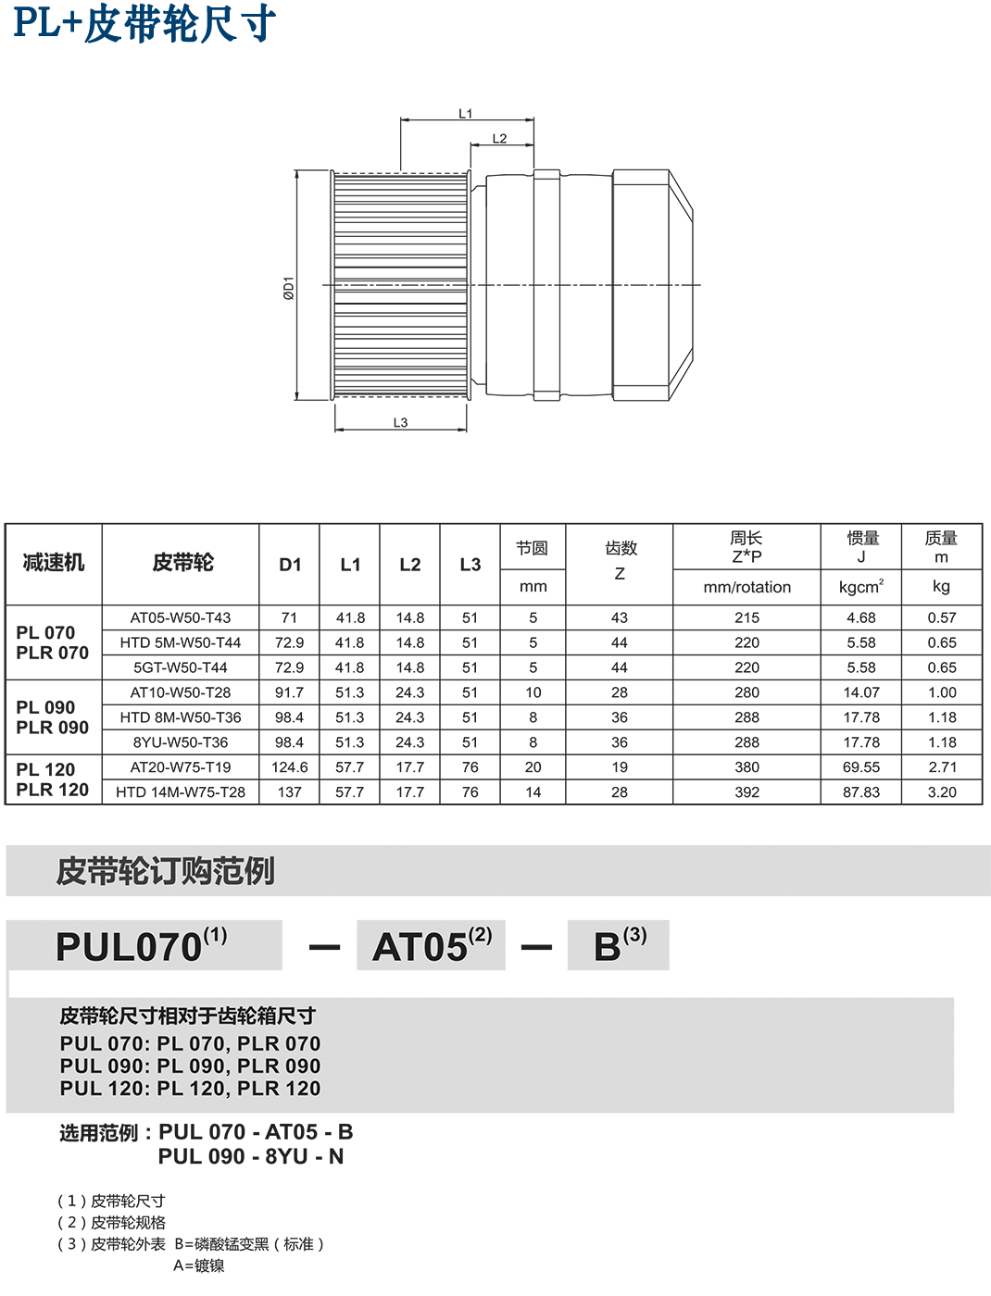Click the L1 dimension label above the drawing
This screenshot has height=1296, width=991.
pos(465,114)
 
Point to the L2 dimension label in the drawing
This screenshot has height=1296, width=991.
pos(499,139)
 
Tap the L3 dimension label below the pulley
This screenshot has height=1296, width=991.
pos(400,423)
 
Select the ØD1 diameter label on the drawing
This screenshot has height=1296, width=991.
pos(288,288)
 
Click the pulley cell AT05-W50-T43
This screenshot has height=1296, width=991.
pos(181,617)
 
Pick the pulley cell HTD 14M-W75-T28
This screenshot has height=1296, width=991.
pos(181,792)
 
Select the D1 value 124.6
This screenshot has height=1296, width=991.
pos(289,767)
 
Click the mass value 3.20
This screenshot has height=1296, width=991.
pos(941,792)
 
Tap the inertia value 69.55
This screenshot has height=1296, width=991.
pos(860,767)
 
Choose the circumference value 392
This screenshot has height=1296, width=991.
pos(746,792)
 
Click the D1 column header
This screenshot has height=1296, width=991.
pos(289,564)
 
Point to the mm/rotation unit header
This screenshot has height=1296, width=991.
pos(746,588)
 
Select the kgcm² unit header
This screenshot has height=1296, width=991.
pos(860,588)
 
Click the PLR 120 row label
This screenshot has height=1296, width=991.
pos(53,790)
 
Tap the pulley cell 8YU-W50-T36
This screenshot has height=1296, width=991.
pos(181,742)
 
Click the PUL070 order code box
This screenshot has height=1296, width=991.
pos(144,945)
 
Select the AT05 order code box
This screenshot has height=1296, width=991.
pos(431,945)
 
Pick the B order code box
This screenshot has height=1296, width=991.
pos(618,945)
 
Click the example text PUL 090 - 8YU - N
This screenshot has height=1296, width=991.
pos(250,1157)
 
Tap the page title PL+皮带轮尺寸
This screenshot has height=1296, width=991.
pos(144,23)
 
